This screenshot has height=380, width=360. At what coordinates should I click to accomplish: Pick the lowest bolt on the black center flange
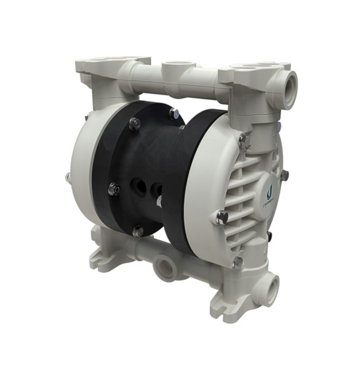(x=137, y=231)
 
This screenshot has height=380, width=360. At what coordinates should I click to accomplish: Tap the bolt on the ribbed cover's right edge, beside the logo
(x=284, y=175)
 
